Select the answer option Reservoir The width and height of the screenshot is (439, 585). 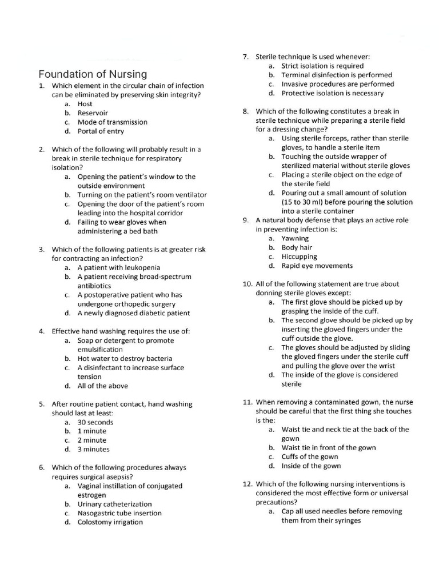93,113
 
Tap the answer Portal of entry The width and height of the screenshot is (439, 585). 101,131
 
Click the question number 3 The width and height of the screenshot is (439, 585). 42,250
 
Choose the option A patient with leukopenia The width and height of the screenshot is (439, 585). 119,267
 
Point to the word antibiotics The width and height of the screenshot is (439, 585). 94,286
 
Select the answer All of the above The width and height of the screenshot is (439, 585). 103,386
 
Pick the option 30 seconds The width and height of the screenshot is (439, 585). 95,422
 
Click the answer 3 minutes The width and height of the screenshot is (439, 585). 94,450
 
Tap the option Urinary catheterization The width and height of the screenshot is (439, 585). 115,504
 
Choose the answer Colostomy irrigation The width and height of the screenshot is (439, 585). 110,522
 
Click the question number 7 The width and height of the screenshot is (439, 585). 245,57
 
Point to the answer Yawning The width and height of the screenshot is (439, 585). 295,238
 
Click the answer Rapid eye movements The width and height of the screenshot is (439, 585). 317,266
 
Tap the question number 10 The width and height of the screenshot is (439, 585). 248,284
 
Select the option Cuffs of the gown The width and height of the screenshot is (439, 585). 310,456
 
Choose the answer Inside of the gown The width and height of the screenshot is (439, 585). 311,466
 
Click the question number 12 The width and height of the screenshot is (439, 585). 248,484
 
